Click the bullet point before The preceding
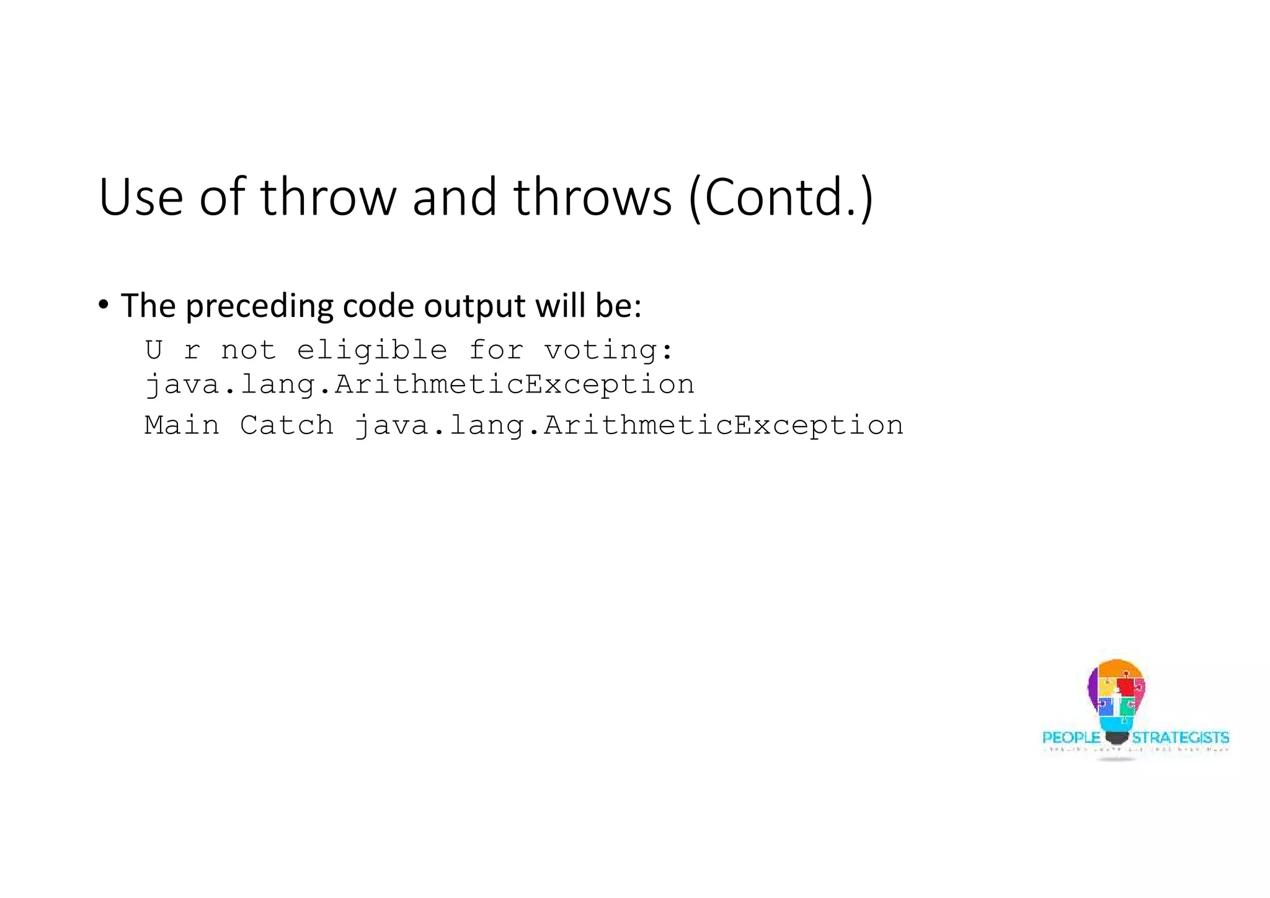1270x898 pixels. pos(103,305)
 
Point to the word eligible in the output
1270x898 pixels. pos(372,350)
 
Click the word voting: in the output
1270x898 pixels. pos(608,350)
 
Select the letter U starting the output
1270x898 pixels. pos(154,350)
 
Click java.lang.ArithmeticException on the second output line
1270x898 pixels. pos(419,385)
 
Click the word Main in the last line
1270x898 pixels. pos(182,425)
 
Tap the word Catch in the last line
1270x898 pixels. pos(286,425)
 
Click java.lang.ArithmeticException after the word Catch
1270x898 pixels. pos(628,426)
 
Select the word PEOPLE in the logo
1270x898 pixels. pos(1071,737)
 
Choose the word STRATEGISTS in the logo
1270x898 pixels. pos(1180,737)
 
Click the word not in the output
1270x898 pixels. pos(248,350)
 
